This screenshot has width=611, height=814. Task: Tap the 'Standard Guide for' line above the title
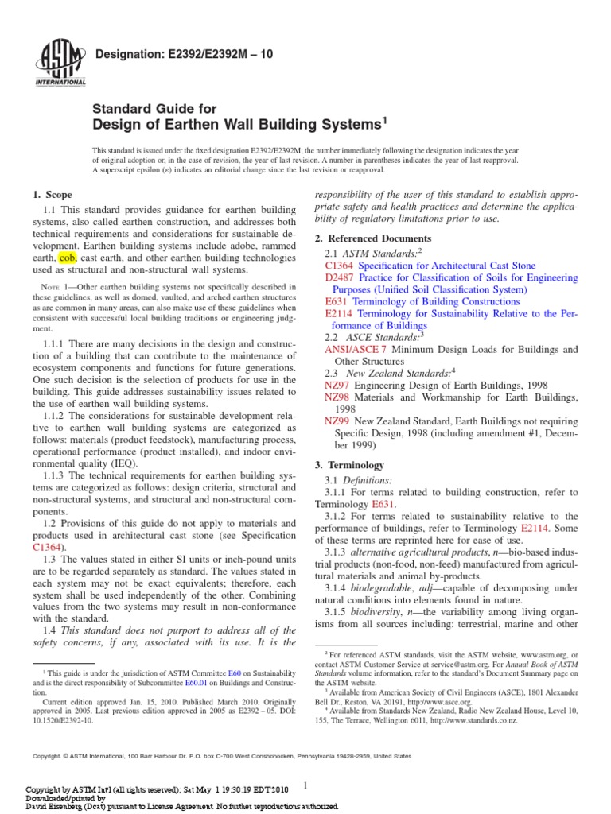pyautogui.click(x=154, y=108)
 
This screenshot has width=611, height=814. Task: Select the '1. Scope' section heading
pyautogui.click(x=52, y=195)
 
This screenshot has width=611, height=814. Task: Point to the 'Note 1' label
pyautogui.click(x=56, y=287)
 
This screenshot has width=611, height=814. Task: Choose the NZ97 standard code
pyautogui.click(x=337, y=386)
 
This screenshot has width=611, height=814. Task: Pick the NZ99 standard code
pyautogui.click(x=337, y=421)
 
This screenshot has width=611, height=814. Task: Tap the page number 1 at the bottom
pyautogui.click(x=305, y=786)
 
